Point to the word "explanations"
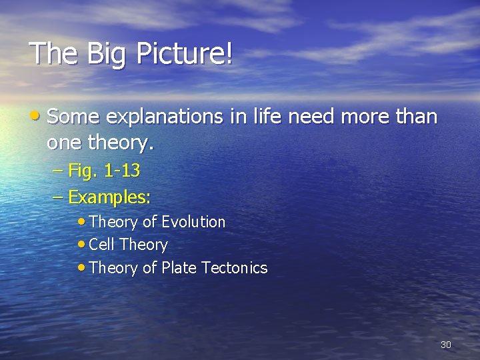(163, 117)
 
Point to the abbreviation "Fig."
(83, 171)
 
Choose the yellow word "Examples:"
(110, 197)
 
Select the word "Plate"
(178, 268)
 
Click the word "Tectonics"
(234, 268)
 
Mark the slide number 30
(446, 345)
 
